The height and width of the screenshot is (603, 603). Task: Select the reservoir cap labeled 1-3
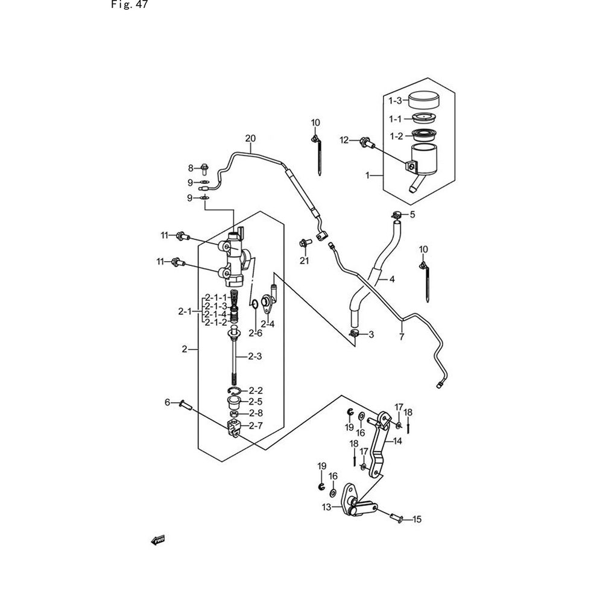pyautogui.click(x=425, y=100)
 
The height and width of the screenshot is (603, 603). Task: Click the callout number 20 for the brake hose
pyautogui.click(x=250, y=139)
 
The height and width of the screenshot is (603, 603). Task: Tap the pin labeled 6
pyautogui.click(x=185, y=405)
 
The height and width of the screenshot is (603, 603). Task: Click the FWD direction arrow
pyautogui.click(x=158, y=540)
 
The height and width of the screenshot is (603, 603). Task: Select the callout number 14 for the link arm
pyautogui.click(x=397, y=441)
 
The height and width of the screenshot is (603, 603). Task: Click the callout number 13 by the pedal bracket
pyautogui.click(x=326, y=508)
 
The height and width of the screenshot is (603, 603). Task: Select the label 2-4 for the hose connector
pyautogui.click(x=268, y=324)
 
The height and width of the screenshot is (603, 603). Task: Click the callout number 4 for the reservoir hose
pyautogui.click(x=392, y=279)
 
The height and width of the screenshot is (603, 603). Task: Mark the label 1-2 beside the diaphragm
pyautogui.click(x=396, y=136)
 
